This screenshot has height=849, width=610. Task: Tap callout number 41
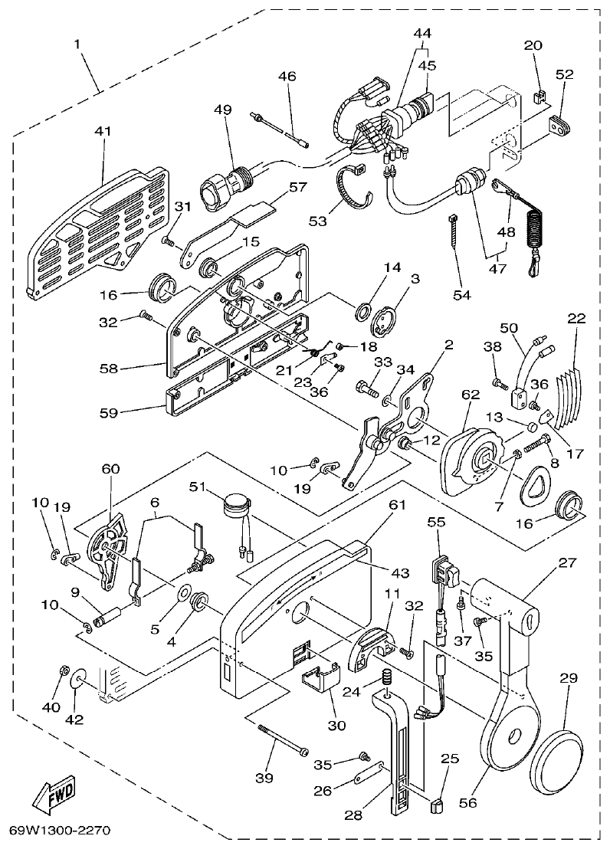102,131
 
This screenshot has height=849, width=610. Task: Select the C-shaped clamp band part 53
356,186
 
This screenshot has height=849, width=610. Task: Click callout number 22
576,316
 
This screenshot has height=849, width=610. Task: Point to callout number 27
566,563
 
